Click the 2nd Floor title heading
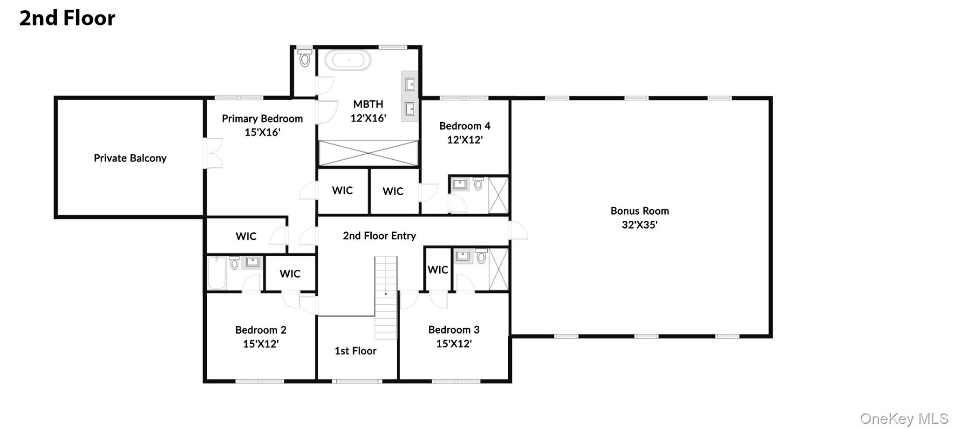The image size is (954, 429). click(x=67, y=18)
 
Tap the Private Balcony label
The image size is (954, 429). click(x=130, y=158)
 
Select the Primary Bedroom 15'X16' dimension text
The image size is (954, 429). click(x=262, y=132)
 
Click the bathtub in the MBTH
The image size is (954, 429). click(x=348, y=61)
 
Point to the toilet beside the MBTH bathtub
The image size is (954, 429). click(x=305, y=59)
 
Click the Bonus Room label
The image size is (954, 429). click(x=640, y=211)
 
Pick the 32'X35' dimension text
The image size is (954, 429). click(x=640, y=225)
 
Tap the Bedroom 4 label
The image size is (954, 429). click(x=464, y=126)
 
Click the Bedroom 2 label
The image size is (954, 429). click(x=260, y=330)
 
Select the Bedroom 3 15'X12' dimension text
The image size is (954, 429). click(x=454, y=344)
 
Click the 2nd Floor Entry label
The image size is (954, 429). click(x=379, y=236)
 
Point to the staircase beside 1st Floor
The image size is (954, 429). click(x=386, y=298)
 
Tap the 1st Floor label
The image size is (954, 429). click(x=355, y=351)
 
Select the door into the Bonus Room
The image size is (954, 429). click(x=518, y=231)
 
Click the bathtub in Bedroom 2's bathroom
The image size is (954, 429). click(x=217, y=273)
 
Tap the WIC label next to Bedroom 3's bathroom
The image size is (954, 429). click(x=437, y=270)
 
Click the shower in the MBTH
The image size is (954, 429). click(x=368, y=153)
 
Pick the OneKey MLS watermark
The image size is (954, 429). click(x=904, y=418)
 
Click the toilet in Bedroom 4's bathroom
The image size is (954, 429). click(x=478, y=184)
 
